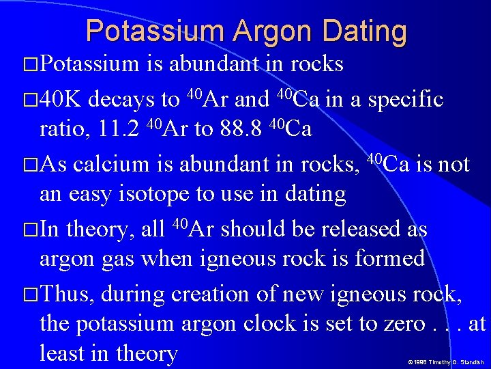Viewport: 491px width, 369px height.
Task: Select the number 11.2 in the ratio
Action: (120, 129)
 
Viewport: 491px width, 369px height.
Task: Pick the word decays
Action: (121, 100)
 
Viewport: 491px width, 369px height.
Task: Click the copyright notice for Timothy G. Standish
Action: (446, 362)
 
